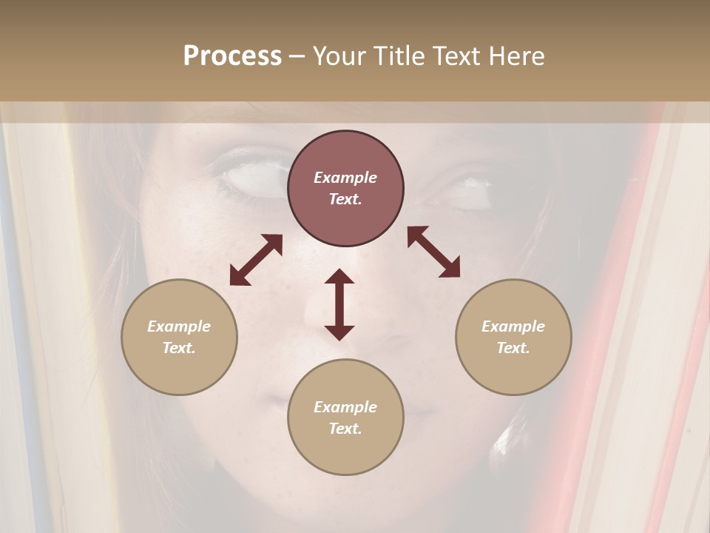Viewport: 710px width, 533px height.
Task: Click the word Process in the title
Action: [x=232, y=56]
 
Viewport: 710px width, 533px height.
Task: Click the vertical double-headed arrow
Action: [x=339, y=304]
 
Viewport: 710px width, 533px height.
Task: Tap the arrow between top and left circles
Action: [x=256, y=260]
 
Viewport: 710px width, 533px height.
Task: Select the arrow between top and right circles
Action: [x=434, y=252]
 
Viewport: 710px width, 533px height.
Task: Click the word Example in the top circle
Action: [x=345, y=178]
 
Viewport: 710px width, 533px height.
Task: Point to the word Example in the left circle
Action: [x=179, y=326]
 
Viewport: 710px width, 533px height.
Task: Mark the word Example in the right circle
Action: [x=513, y=326]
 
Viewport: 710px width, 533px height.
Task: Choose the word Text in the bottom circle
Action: [x=345, y=429]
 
